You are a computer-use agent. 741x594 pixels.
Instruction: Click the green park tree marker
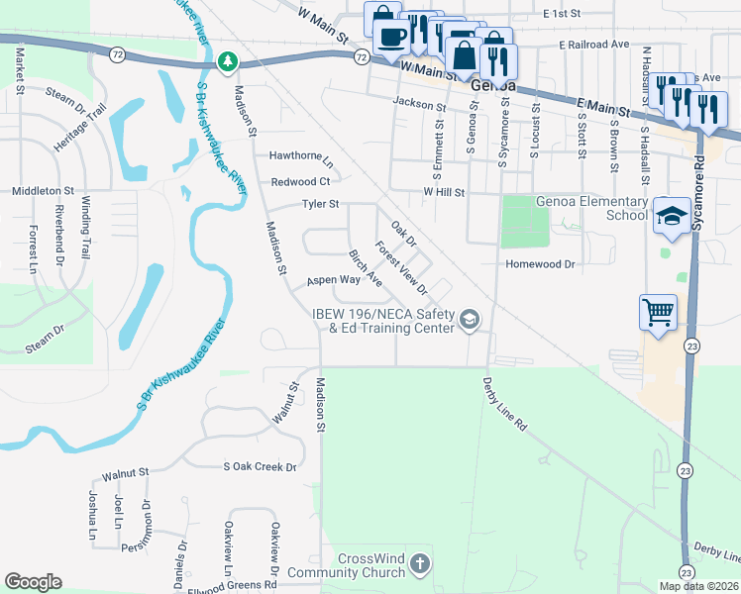coord(228,62)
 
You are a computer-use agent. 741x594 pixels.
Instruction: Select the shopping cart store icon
coord(659,315)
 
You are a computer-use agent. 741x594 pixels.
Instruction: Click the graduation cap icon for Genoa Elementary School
coord(671,218)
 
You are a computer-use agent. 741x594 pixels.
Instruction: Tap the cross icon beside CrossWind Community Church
coord(420,565)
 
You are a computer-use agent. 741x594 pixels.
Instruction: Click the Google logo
coord(33,582)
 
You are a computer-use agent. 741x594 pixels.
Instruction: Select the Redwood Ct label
coord(300,181)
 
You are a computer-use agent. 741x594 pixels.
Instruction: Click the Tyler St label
coord(320,205)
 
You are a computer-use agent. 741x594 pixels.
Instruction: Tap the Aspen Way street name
coord(332,280)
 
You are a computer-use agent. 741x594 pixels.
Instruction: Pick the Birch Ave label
coord(365,267)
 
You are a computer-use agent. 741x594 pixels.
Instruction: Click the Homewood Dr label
coord(540,264)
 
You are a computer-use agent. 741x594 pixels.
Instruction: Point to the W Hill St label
coord(444,191)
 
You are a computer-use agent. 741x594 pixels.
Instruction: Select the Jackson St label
coord(419,104)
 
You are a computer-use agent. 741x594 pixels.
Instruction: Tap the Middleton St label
coord(42,190)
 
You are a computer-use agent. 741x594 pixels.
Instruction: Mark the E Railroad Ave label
coord(593,45)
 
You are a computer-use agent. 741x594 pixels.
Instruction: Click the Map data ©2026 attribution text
coord(697,586)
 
